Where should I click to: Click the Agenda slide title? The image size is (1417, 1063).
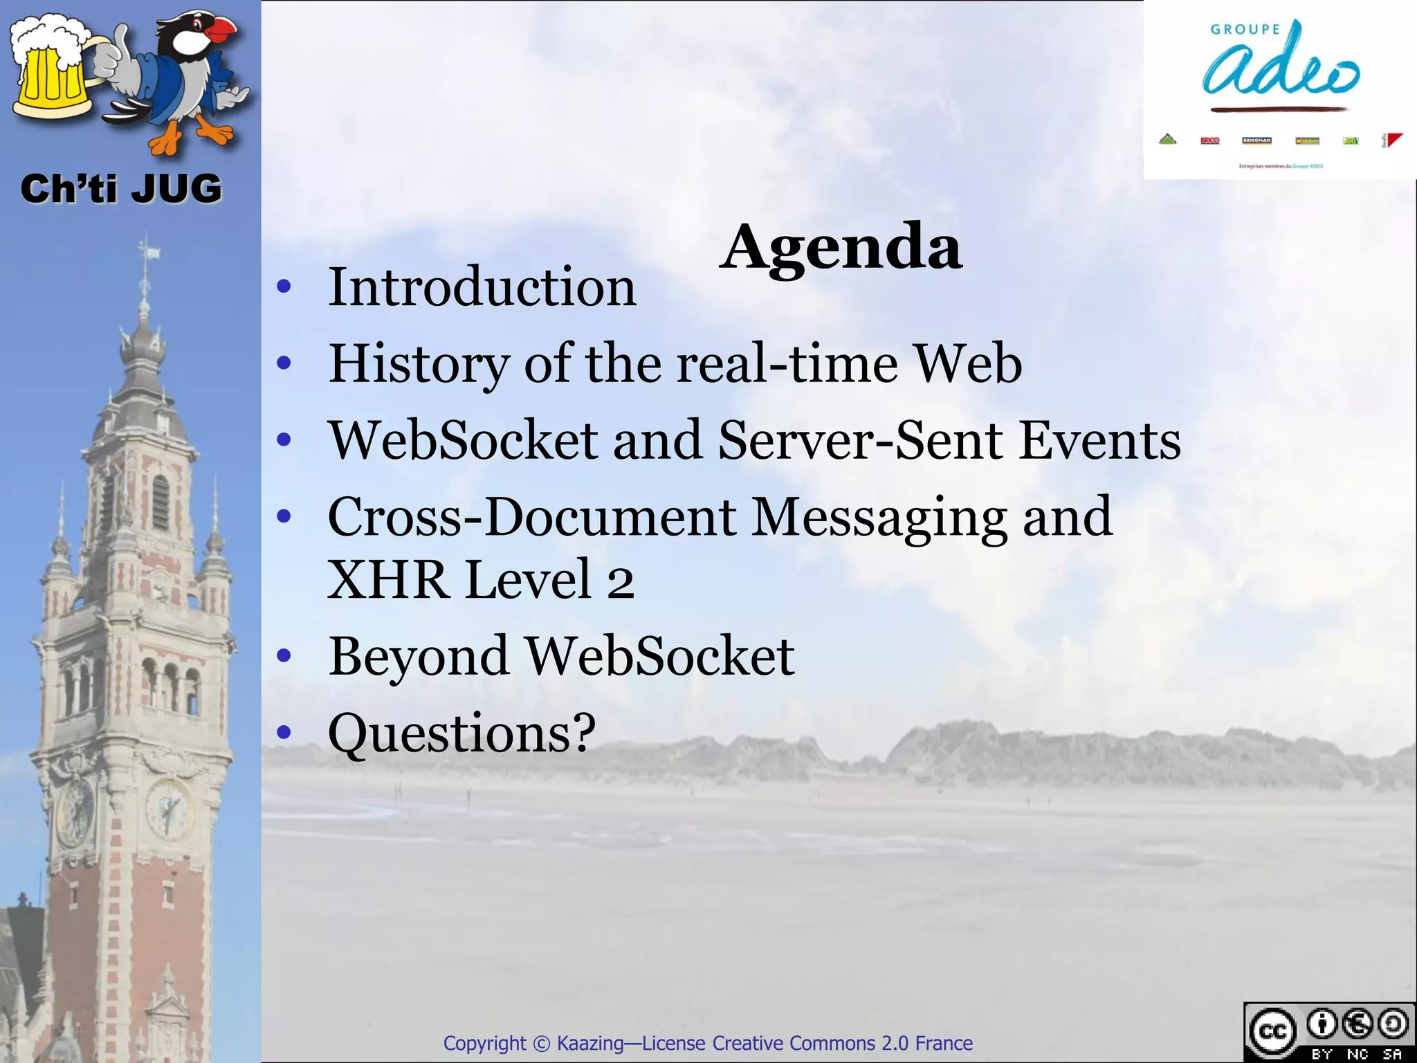point(840,248)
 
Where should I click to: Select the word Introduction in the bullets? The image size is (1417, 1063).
point(482,287)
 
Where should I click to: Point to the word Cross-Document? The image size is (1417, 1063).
point(531,517)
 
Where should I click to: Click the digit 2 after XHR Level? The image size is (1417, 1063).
point(621,581)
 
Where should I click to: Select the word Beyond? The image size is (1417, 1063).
point(419,657)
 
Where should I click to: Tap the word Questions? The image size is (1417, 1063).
point(461,733)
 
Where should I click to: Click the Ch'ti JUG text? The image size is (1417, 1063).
point(121,189)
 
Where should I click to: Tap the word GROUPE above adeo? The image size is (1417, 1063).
point(1245,29)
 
